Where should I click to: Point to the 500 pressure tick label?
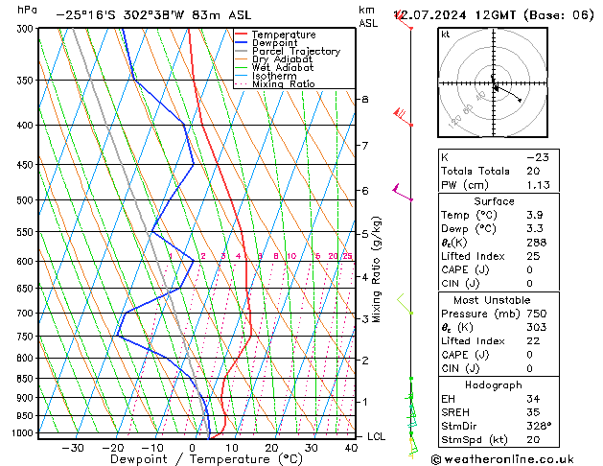pos(24,200)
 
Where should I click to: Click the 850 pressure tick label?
pos(24,379)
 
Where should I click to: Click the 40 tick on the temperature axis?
pos(352,447)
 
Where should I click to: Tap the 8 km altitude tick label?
pos(364,100)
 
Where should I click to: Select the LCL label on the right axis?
pos(377,436)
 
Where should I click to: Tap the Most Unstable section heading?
pos(494,299)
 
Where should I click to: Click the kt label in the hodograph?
pos(446,34)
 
